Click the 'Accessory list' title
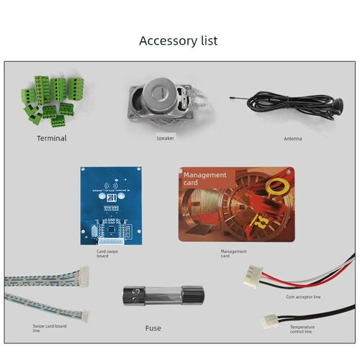179,41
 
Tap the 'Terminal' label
52,138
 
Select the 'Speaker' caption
165,138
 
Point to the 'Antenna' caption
293,139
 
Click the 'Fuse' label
153,328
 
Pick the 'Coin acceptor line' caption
303,297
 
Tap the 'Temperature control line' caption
302,329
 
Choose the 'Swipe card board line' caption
50,328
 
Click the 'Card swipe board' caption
107,253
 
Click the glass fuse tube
163,295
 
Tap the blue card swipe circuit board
111,206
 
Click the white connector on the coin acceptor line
253,276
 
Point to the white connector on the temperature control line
270,322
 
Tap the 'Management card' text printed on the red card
204,179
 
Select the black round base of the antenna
338,105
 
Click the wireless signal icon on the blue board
111,186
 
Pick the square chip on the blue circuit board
111,230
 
